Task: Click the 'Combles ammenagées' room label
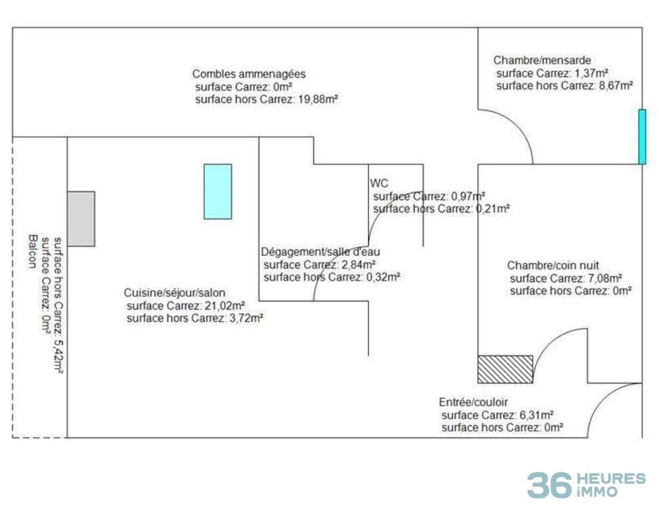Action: point(249,74)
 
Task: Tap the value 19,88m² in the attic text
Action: point(318,99)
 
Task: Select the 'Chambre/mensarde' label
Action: point(542,60)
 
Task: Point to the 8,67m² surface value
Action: point(616,86)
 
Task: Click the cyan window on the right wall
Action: point(642,137)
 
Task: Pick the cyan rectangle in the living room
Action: point(218,192)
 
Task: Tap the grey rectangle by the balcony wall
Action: point(81,219)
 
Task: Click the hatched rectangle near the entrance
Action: point(505,369)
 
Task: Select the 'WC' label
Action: point(379,183)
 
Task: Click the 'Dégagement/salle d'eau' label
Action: point(320,251)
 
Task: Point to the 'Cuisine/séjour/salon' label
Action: point(174,293)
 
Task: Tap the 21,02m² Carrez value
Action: point(225,306)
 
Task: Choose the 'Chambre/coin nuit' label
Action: point(553,265)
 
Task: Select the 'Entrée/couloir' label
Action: point(473,402)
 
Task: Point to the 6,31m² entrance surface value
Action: point(536,415)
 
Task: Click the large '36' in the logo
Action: point(549,485)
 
